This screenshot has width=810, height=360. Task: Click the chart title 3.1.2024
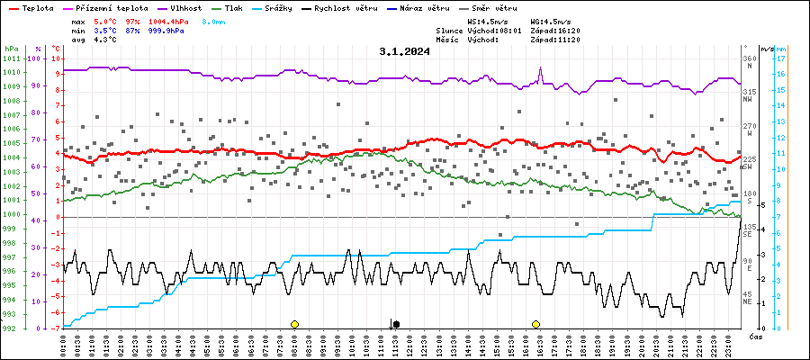(404, 51)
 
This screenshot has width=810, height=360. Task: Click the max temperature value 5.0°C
(106, 20)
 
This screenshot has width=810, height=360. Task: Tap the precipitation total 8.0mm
(213, 20)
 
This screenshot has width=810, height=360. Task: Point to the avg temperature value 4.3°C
(106, 40)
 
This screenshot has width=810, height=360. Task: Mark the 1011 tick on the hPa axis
(11, 58)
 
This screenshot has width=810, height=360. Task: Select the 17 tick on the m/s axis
(781, 58)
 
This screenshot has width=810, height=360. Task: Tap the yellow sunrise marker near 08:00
(294, 324)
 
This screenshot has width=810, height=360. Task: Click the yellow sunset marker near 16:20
(535, 324)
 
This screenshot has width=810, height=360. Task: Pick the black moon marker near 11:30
(396, 324)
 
